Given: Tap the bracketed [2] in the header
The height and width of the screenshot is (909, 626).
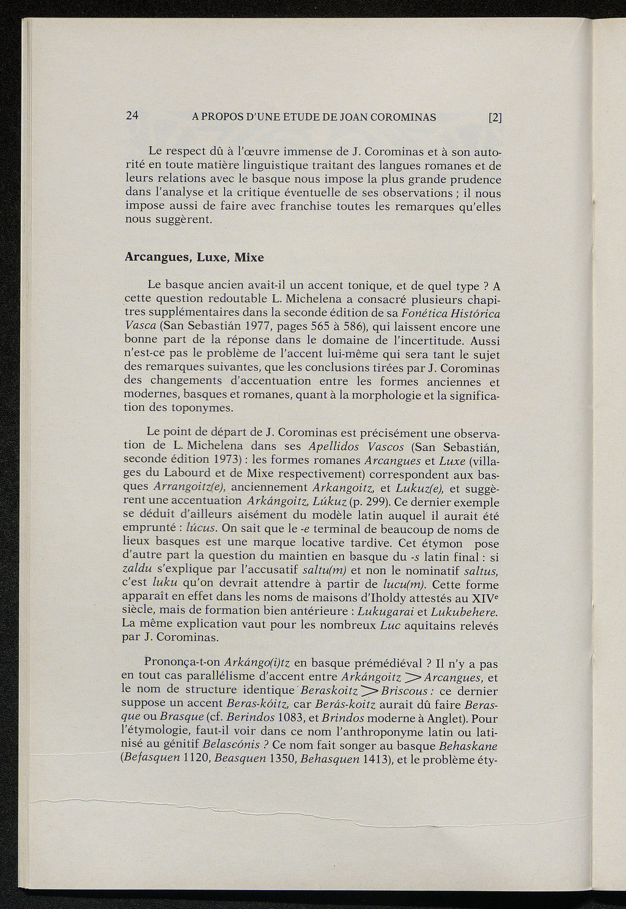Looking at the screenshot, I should click(495, 117).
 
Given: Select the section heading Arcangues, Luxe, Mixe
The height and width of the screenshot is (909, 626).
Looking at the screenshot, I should click(194, 257).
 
